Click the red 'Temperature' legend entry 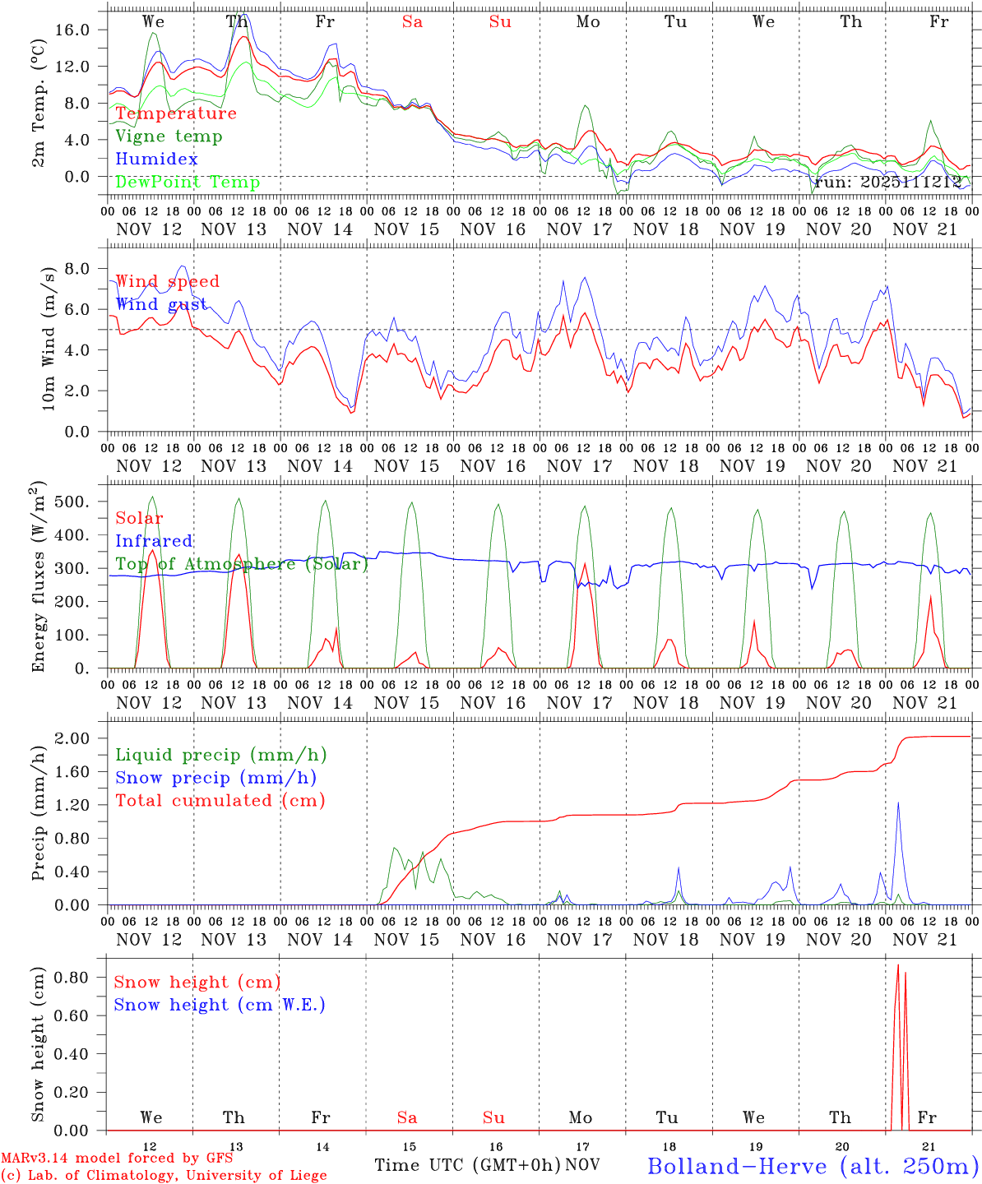(x=176, y=113)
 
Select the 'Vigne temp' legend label (x=169, y=136)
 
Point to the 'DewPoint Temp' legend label (x=188, y=182)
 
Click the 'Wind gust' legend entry (x=161, y=304)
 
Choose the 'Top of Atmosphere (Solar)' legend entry (x=242, y=564)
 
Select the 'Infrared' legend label (x=154, y=541)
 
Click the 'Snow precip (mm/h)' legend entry (x=215, y=778)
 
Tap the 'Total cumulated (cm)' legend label (x=220, y=800)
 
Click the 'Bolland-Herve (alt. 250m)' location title (x=813, y=1166)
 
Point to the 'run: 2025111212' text (x=887, y=183)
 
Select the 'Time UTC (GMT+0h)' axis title (x=467, y=1165)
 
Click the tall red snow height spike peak (x=898, y=965)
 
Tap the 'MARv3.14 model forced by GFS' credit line (x=117, y=1159)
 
